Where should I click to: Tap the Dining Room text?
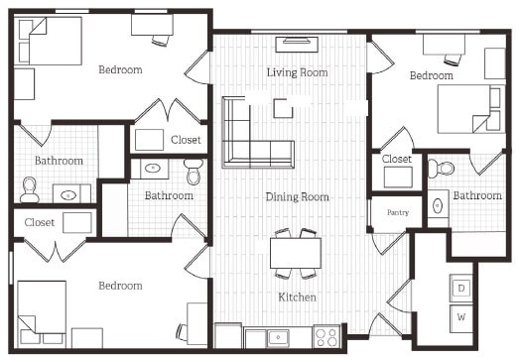[296, 196]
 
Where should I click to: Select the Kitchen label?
[296, 297]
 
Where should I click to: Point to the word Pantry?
[397, 212]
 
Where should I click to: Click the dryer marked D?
[461, 288]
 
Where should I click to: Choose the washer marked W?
[461, 318]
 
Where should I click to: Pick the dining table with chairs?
[296, 253]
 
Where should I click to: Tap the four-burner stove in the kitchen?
[326, 336]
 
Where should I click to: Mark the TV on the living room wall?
[295, 43]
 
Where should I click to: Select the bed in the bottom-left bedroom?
[43, 306]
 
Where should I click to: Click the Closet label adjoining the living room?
[185, 140]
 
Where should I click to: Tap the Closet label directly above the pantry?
[397, 159]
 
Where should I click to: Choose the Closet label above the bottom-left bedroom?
[40, 222]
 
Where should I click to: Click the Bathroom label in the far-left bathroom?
[59, 160]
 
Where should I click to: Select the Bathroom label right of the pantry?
[477, 195]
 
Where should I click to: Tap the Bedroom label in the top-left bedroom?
[119, 69]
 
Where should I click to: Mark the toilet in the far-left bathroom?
[30, 188]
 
